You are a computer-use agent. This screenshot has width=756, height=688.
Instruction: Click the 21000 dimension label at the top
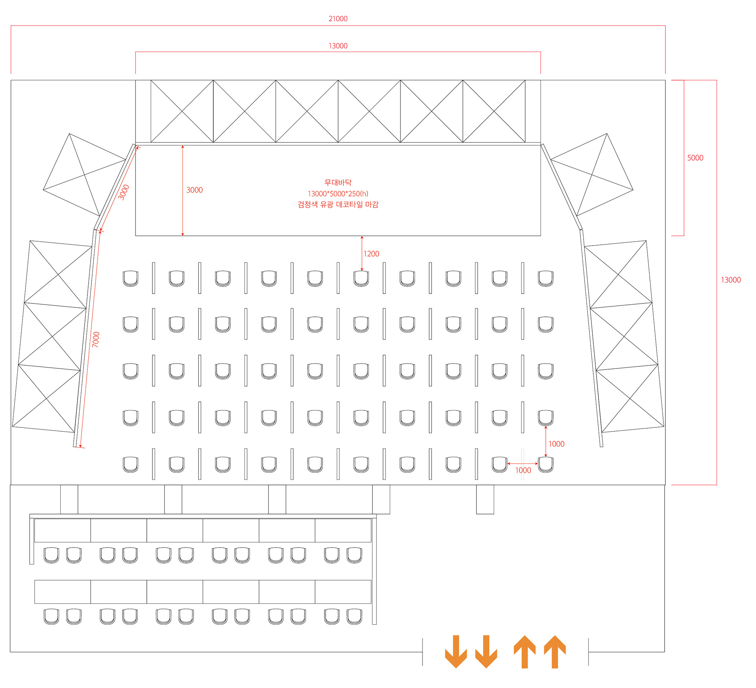click(338, 19)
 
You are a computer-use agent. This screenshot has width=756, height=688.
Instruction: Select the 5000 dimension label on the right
click(695, 158)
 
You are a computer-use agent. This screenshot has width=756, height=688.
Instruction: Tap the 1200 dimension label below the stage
click(371, 254)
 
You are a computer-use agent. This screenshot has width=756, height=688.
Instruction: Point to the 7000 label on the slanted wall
click(96, 339)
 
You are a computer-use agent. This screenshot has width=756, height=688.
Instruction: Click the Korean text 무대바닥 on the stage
click(338, 182)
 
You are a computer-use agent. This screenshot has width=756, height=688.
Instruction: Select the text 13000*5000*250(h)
click(338, 194)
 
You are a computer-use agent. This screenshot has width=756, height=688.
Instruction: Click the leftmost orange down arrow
click(456, 651)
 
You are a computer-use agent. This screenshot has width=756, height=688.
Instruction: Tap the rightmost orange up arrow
click(555, 651)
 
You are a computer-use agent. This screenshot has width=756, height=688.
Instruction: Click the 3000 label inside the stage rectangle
click(194, 190)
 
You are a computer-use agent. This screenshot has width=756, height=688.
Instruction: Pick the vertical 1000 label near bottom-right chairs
click(556, 444)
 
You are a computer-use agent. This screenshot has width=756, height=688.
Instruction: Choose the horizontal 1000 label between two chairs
click(523, 470)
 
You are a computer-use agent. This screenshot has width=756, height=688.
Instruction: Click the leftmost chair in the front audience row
click(130, 278)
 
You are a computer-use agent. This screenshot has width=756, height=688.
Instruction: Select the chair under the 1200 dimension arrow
click(361, 278)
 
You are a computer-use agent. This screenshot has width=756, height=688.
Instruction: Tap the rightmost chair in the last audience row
click(546, 464)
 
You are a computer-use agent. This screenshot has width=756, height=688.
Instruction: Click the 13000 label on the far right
click(730, 280)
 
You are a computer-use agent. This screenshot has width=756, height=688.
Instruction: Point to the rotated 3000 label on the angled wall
click(124, 192)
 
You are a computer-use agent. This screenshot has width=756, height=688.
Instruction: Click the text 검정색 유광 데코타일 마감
click(338, 204)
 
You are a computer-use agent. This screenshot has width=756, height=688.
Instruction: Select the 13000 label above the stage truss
click(338, 46)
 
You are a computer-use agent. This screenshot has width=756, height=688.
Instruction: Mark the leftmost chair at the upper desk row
click(51, 555)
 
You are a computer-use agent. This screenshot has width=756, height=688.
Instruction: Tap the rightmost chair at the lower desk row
click(354, 616)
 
